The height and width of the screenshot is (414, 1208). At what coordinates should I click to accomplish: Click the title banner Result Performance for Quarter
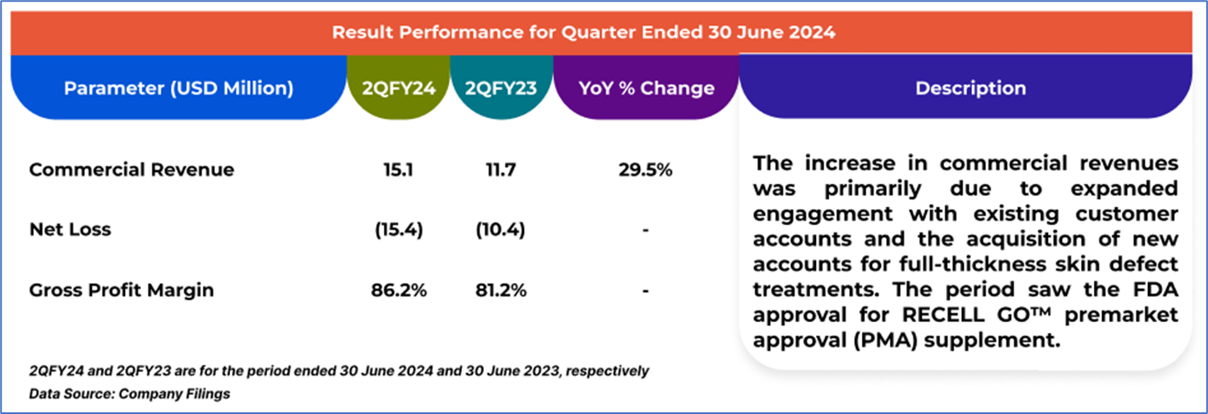coord(584,33)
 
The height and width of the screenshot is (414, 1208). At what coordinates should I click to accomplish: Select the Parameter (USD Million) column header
coord(179,88)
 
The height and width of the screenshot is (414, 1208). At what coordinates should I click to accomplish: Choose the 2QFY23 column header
coord(501,88)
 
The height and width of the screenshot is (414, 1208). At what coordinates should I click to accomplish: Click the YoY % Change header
coord(646,88)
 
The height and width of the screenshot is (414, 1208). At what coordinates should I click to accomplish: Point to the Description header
coord(970,88)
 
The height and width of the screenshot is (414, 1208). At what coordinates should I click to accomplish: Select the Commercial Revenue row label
coord(132,170)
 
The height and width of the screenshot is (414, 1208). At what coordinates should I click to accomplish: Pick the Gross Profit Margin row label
coord(122,290)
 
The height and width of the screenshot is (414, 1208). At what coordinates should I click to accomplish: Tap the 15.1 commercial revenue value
coord(399,170)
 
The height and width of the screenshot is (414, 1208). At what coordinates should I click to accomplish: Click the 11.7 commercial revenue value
coord(500,170)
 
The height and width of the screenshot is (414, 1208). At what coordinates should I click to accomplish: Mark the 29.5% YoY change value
coord(646,170)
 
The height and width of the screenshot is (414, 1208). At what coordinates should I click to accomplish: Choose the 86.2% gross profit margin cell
coord(399,290)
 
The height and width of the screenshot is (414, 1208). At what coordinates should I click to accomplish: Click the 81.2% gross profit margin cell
coord(500,290)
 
